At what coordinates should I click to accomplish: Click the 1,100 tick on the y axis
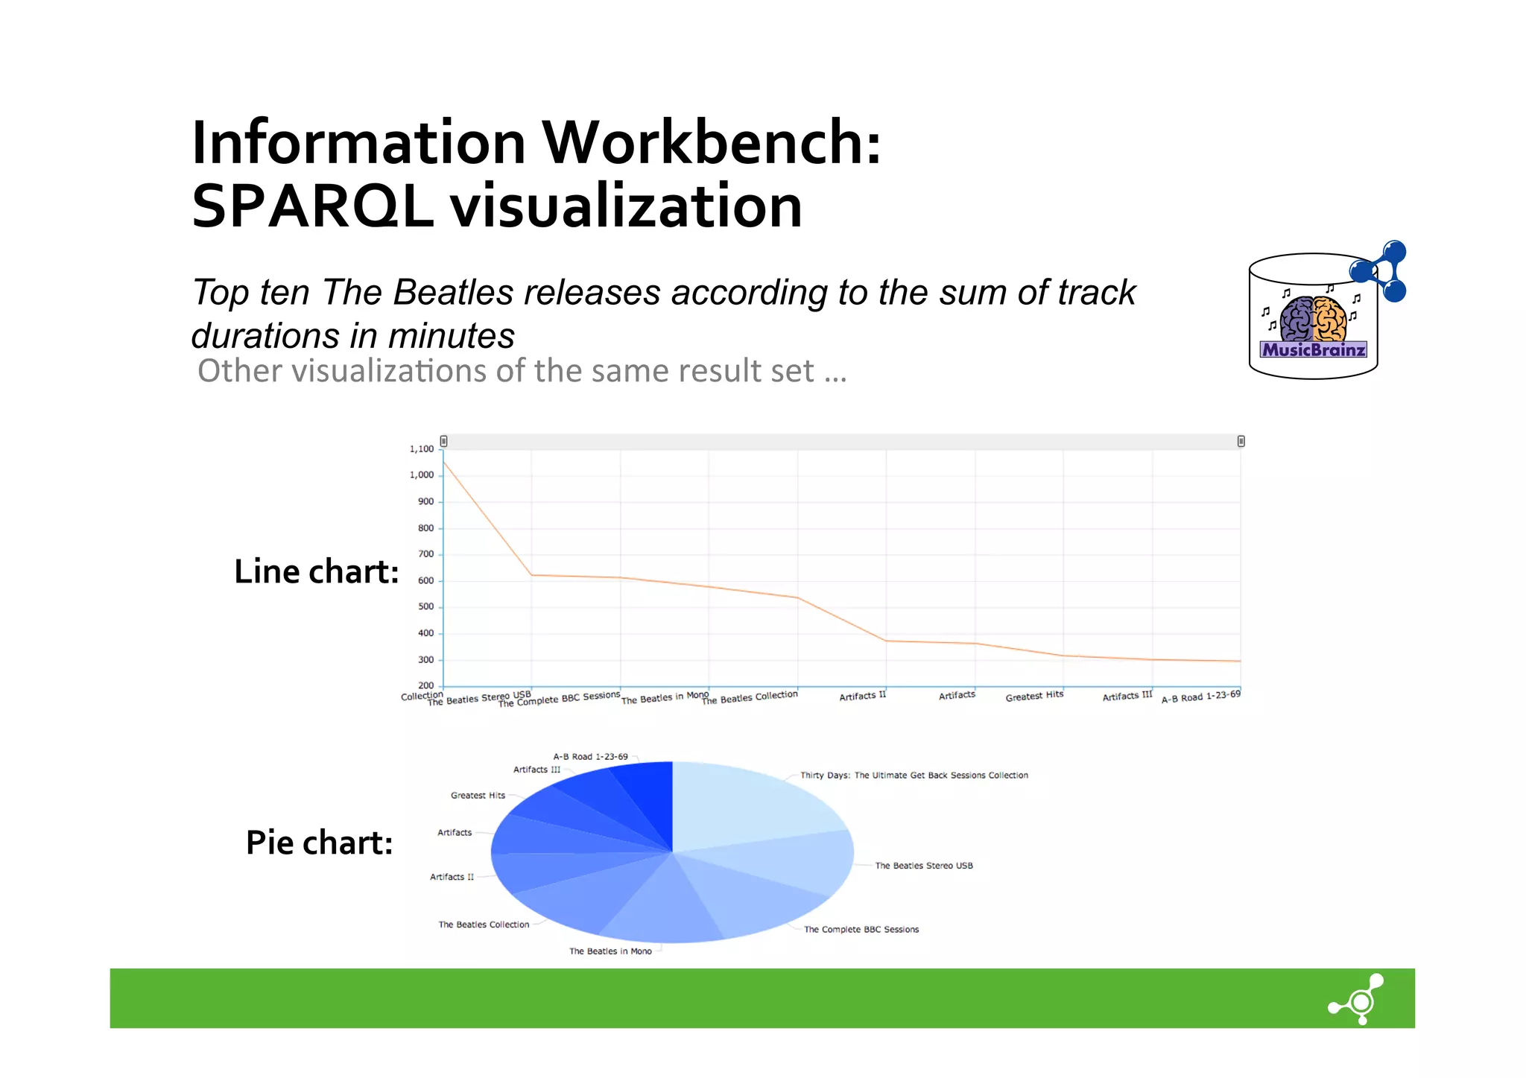(421, 449)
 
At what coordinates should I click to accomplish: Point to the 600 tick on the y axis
(425, 581)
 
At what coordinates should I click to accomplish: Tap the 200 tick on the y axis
(425, 685)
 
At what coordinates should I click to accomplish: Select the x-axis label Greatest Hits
(1034, 696)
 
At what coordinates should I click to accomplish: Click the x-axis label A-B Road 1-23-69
(1200, 697)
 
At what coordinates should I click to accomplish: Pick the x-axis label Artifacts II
(862, 696)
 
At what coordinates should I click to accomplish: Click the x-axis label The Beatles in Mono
(665, 697)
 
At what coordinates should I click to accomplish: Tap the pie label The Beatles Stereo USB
(924, 866)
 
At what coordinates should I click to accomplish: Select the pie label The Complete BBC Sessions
(861, 930)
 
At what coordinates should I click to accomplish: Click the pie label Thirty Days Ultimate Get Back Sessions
(914, 776)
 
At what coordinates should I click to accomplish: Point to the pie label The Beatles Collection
(484, 925)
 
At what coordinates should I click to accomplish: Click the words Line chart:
(317, 572)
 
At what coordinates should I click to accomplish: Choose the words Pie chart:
(319, 843)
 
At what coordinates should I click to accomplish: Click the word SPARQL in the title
(313, 206)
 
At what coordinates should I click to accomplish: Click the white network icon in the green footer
(1358, 999)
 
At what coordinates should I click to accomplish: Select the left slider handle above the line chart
(443, 441)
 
